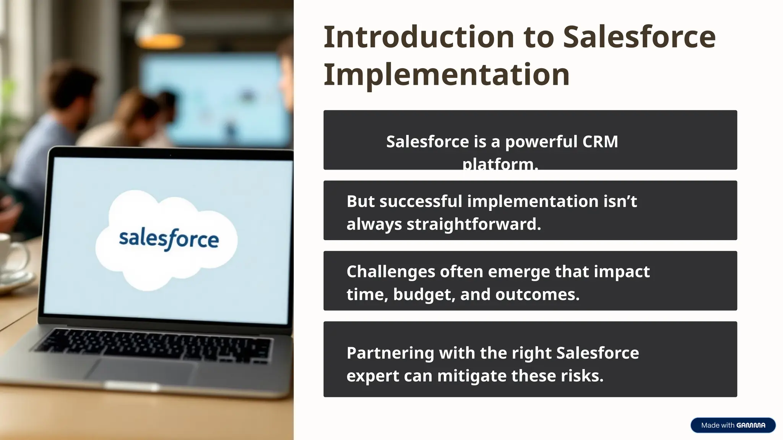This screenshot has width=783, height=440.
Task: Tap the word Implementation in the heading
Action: click(x=446, y=74)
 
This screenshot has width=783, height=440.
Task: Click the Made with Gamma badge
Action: click(x=733, y=425)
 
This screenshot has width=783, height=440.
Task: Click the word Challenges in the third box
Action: click(x=390, y=272)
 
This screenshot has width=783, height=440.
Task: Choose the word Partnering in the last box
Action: click(x=390, y=353)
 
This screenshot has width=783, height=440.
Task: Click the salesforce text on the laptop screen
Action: click(x=169, y=239)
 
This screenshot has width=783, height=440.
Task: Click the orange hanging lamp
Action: click(x=160, y=40)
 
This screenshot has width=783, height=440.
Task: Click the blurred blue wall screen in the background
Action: click(x=214, y=99)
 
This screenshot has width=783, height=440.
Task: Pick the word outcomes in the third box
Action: click(x=537, y=294)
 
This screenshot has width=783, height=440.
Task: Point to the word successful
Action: click(x=421, y=201)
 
